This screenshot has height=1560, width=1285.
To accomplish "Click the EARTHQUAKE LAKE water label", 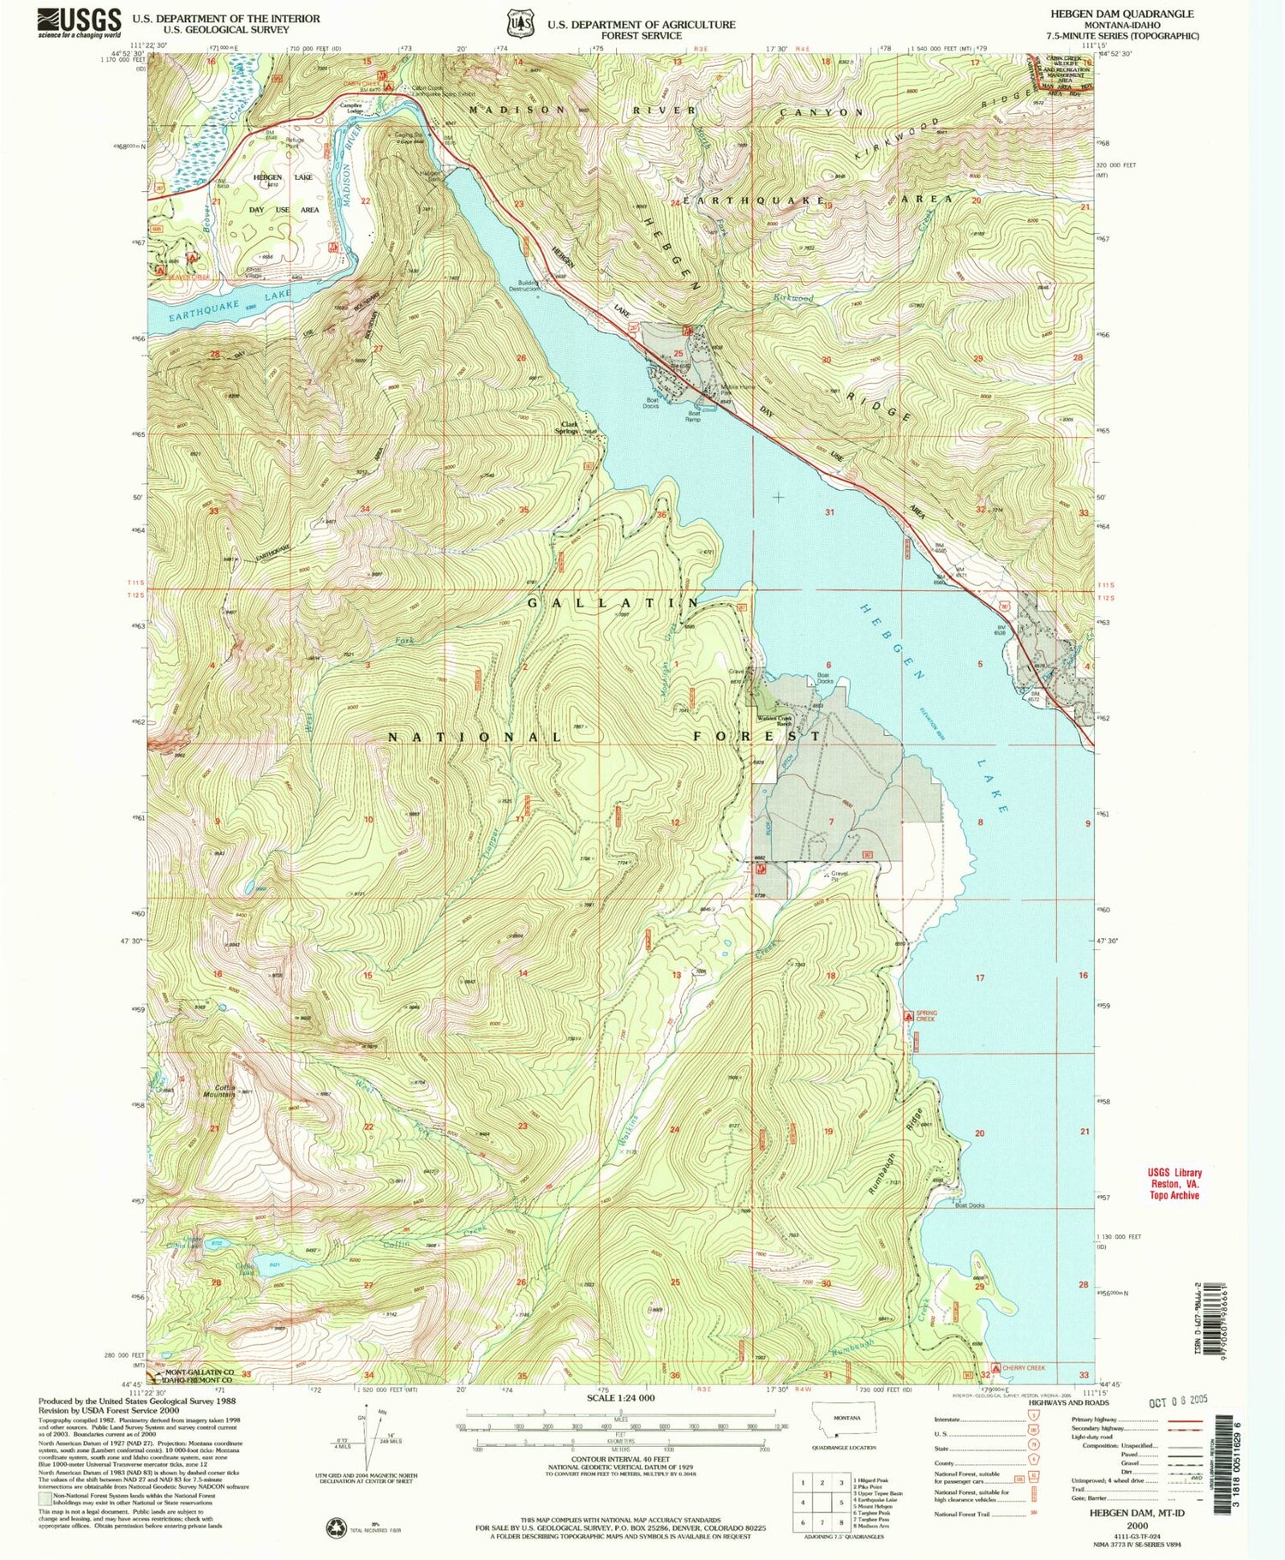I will tap(218, 306).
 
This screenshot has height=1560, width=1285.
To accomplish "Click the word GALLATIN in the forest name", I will tap(615, 603).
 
